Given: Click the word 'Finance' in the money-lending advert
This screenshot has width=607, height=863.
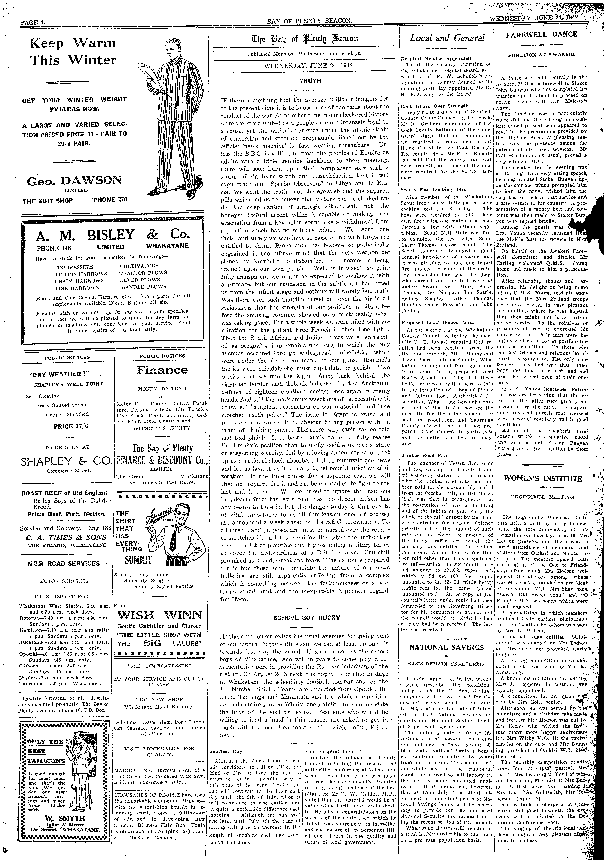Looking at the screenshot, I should pos(162,370).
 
